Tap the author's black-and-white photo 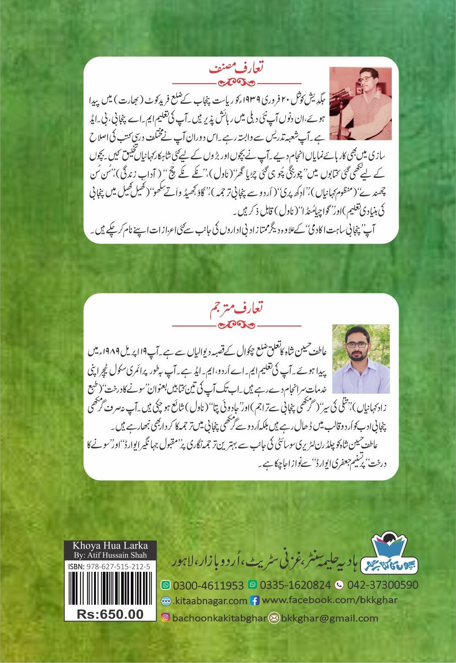[x=360, y=103]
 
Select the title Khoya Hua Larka [x=110, y=545]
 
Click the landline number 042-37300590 [x=383, y=585]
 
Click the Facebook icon [x=255, y=601]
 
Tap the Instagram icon [x=166, y=618]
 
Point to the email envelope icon [x=274, y=618]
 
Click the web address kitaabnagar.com [x=210, y=601]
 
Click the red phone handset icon [x=339, y=585]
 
